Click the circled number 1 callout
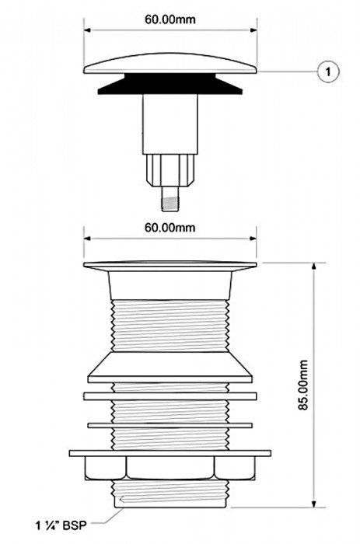[x=327, y=71]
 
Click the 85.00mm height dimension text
[x=303, y=385]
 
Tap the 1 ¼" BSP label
[x=61, y=525]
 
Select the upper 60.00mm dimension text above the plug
[x=170, y=19]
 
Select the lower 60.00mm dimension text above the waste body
[x=170, y=227]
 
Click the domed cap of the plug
[x=170, y=65]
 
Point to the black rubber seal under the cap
[x=170, y=84]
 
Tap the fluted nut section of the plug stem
[x=170, y=171]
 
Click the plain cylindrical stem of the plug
[x=170, y=124]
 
